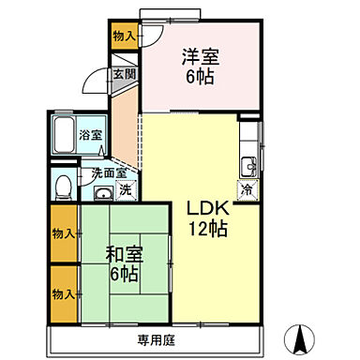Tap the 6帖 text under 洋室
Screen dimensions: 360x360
pyautogui.click(x=199, y=76)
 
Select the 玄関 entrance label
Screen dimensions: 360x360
pyautogui.click(x=124, y=73)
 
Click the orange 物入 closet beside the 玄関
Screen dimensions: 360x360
pyautogui.click(x=124, y=37)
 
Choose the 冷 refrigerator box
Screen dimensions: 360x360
pyautogui.click(x=247, y=190)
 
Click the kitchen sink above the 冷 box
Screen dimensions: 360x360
pyautogui.click(x=248, y=167)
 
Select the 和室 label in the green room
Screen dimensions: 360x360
pyautogui.click(x=124, y=253)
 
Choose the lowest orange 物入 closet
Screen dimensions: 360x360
pyautogui.click(x=64, y=293)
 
